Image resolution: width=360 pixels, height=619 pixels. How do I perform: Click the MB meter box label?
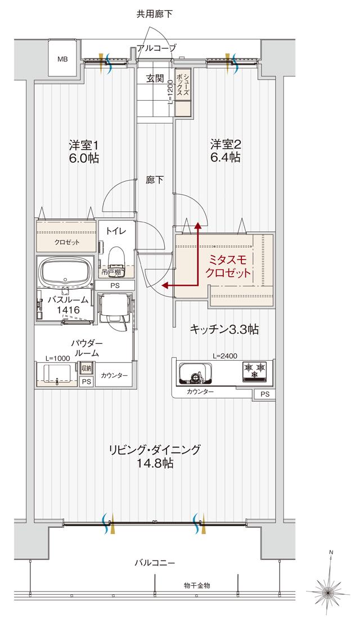(x=62, y=58)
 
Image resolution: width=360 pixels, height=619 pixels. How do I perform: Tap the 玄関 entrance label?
(x=155, y=79)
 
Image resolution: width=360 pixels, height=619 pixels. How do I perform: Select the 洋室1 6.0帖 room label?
(x=84, y=151)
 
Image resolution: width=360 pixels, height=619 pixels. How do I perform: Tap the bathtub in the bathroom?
(x=66, y=271)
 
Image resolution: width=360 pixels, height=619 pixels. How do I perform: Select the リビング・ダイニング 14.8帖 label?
(x=155, y=456)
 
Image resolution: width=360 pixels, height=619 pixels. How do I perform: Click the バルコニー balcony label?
(x=155, y=562)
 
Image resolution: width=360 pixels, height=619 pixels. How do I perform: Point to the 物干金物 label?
(x=196, y=585)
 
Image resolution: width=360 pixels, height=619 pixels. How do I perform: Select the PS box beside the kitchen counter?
(x=264, y=394)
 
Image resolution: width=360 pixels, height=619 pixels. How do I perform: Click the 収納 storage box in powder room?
(x=85, y=369)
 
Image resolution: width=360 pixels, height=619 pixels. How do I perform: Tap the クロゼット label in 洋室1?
(x=66, y=243)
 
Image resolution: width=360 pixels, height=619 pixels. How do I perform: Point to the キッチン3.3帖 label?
(x=224, y=330)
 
